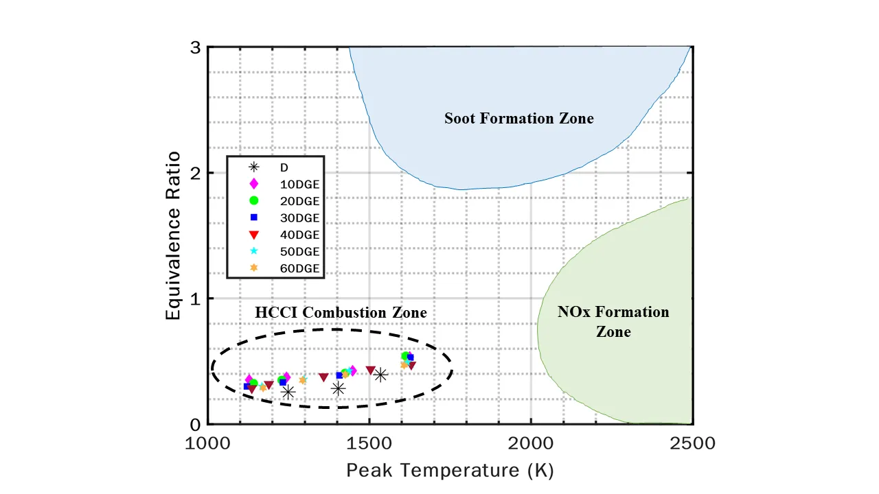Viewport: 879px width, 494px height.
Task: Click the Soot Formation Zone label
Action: point(518,118)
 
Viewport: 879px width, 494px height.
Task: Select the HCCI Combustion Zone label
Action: point(341,312)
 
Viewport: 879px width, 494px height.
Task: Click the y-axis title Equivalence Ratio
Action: point(174,235)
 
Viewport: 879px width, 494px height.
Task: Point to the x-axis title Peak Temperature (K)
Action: point(450,470)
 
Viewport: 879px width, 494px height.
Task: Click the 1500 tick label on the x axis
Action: point(369,443)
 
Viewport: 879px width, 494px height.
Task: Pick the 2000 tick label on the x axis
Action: point(530,443)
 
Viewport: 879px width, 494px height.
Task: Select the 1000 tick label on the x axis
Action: point(209,443)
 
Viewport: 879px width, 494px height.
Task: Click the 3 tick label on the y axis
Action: point(196,48)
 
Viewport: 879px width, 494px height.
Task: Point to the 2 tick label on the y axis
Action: point(196,173)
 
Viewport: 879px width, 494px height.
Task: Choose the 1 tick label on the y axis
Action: point(196,298)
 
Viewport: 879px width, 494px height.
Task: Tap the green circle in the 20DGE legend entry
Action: point(253,200)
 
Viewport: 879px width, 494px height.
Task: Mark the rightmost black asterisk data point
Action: point(380,375)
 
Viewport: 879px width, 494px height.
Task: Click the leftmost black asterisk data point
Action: point(288,392)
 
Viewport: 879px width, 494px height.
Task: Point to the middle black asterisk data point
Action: point(338,388)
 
